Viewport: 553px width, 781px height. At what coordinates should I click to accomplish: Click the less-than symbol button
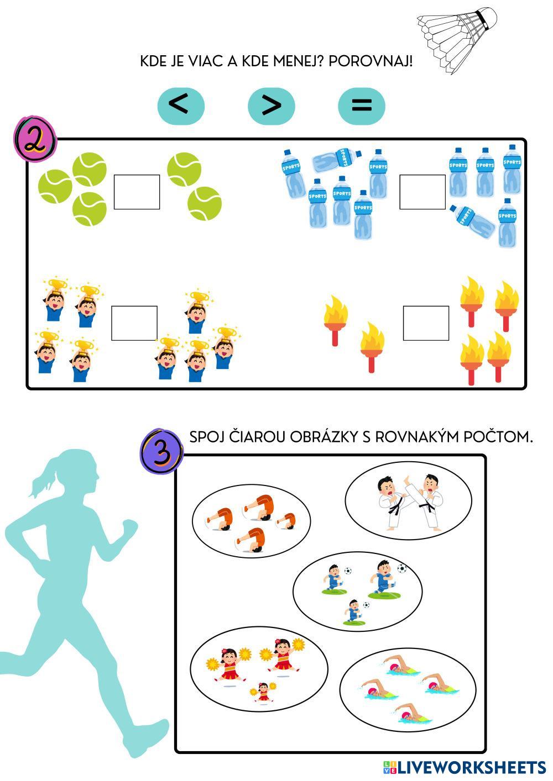tap(181, 105)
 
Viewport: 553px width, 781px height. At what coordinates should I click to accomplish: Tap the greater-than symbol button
tap(271, 105)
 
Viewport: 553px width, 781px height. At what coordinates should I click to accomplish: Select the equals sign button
tap(361, 105)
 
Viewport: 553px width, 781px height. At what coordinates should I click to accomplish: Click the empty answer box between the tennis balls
tap(137, 192)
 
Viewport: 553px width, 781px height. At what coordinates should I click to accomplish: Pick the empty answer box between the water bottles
tap(422, 192)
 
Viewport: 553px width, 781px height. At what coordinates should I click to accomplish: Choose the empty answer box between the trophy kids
tap(134, 323)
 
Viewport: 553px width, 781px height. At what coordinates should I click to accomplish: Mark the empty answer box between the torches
tap(426, 323)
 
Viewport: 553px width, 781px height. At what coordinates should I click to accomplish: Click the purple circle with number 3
tap(161, 451)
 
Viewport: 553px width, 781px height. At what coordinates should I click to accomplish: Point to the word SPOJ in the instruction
tap(206, 437)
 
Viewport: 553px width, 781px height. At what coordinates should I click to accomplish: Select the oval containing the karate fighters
tap(408, 500)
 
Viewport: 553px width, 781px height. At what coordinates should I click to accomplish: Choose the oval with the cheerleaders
tap(258, 668)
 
